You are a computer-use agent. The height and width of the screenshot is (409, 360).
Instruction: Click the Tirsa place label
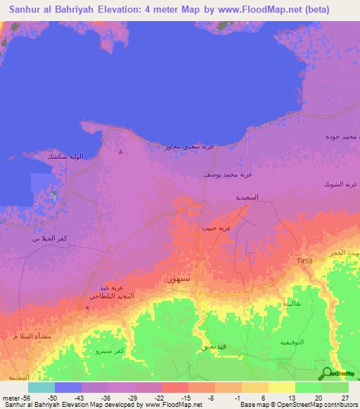[x=304, y=261]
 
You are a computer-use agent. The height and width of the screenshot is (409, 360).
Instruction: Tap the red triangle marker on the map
[x=121, y=151]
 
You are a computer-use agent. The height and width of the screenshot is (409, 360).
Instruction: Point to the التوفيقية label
[x=291, y=345]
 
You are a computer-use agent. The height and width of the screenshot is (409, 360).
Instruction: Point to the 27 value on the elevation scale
[x=344, y=397]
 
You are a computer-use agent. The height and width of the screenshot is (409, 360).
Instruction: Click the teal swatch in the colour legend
[x=41, y=387]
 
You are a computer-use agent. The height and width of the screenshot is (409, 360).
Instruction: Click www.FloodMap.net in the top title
[x=266, y=9]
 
